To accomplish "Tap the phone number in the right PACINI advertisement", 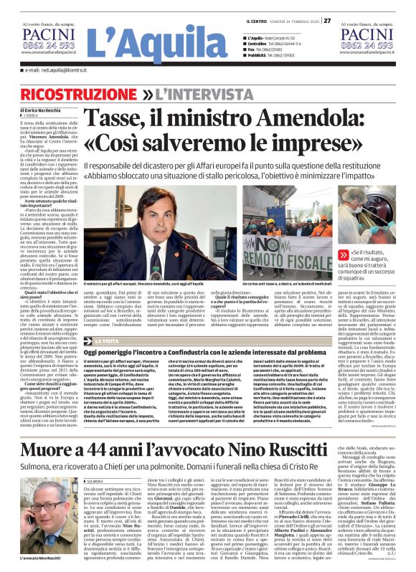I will pos(368,44).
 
